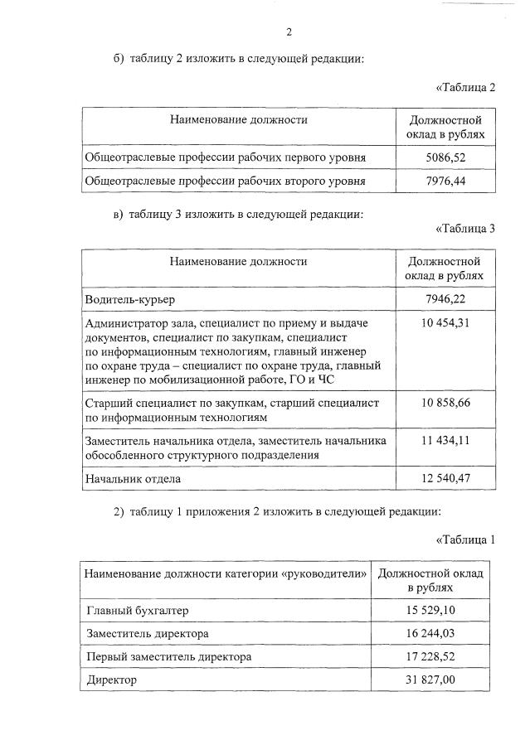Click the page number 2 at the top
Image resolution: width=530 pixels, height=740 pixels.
coord(289,32)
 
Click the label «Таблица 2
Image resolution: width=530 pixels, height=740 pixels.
coord(465,88)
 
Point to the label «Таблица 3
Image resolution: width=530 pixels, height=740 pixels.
coord(465,229)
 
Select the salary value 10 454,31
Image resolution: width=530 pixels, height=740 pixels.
coord(446,322)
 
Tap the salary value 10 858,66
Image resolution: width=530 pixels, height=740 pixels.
coord(446,403)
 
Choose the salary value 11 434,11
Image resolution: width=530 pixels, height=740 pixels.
coord(446,441)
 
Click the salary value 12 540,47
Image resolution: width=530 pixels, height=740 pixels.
coord(446,479)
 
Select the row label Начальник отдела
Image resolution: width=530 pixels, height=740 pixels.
coord(133,479)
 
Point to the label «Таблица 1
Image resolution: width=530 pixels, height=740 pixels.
coord(465,539)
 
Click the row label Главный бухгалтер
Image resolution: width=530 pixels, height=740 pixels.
coord(138,611)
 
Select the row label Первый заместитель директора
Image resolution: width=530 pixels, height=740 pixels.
coord(169,657)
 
